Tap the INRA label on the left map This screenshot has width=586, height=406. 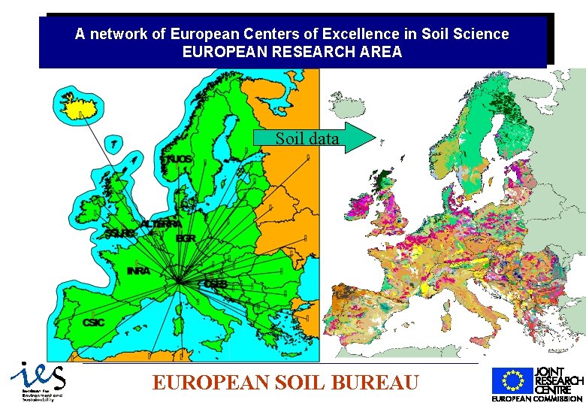coord(138,271)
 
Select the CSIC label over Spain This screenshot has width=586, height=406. coord(94,322)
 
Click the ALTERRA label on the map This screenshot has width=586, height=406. coord(162,224)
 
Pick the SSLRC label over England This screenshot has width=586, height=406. coord(120,234)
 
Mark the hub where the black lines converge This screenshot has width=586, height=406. coord(179,282)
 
